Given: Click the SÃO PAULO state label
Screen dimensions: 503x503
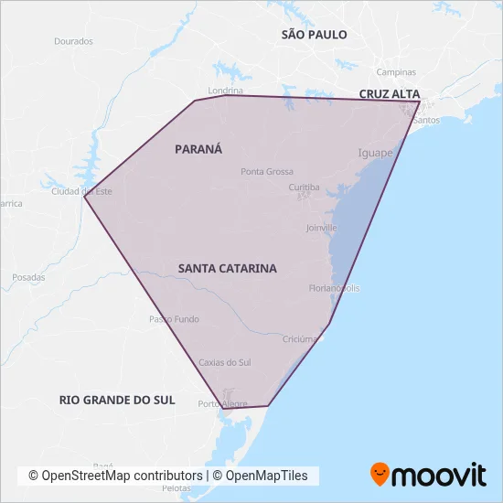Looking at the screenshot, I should (314, 34).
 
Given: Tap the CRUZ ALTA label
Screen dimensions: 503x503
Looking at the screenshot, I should (390, 94).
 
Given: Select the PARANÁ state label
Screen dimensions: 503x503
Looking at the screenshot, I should (198, 148).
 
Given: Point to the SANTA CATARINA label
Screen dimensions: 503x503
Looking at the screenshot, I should (228, 268).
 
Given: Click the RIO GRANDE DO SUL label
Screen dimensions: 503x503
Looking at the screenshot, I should (116, 400).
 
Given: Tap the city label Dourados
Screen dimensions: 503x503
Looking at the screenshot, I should (74, 41).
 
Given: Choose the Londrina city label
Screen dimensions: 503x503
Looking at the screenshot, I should (225, 91).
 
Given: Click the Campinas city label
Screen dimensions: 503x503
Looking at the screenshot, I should (396, 72).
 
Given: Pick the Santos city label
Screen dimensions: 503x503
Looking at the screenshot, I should (427, 120).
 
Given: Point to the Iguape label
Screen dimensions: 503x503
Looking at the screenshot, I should (375, 153).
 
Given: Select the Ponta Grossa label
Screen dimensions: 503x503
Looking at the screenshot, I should (267, 172).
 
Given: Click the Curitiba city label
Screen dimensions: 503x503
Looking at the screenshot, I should (304, 187).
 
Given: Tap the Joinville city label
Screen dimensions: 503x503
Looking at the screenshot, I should (321, 227).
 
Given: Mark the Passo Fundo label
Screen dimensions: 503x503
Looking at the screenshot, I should (174, 319).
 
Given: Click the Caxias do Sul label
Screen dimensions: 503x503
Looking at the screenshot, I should (225, 362).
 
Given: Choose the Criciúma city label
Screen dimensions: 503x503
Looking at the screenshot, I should (300, 338).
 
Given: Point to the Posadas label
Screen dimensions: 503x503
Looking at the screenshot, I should (28, 277).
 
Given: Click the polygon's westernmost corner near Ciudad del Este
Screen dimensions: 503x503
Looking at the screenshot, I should (84, 195).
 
